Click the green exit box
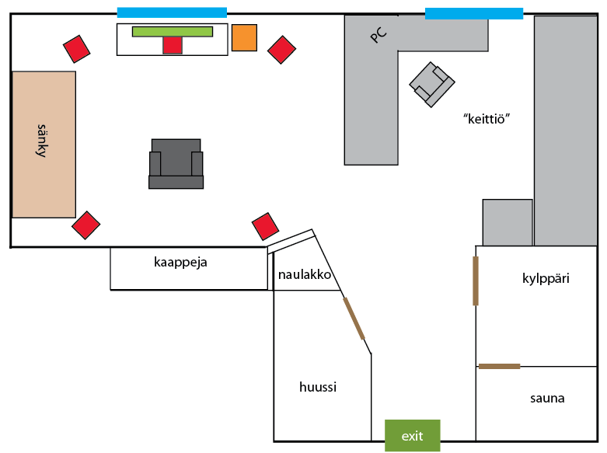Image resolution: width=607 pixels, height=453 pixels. pyautogui.click(x=412, y=435)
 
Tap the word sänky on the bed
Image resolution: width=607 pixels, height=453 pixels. pyautogui.click(x=43, y=141)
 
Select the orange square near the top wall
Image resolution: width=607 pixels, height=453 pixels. pyautogui.click(x=244, y=37)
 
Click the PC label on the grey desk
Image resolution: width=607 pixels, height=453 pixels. pyautogui.click(x=379, y=34)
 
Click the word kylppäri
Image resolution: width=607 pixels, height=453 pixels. pyautogui.click(x=546, y=277)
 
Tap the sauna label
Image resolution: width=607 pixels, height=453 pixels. pyautogui.click(x=547, y=399)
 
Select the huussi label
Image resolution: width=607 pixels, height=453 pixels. pyautogui.click(x=318, y=386)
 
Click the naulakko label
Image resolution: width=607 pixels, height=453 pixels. pyautogui.click(x=305, y=275)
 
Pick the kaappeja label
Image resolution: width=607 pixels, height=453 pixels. pyautogui.click(x=180, y=262)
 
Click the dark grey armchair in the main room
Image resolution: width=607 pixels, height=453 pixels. pyautogui.click(x=176, y=164)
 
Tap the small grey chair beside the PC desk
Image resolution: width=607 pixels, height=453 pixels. pyautogui.click(x=432, y=84)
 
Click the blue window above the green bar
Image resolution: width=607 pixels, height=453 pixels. pyautogui.click(x=172, y=12)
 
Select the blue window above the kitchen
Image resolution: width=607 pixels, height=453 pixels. pyautogui.click(x=474, y=13)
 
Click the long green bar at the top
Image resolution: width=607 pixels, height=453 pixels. pyautogui.click(x=173, y=31)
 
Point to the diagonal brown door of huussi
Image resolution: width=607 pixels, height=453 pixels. pyautogui.click(x=354, y=319)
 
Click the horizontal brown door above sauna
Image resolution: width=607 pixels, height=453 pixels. pyautogui.click(x=499, y=366)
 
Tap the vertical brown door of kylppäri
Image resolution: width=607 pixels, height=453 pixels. pyautogui.click(x=476, y=281)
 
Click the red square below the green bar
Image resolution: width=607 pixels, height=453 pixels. pyautogui.click(x=173, y=45)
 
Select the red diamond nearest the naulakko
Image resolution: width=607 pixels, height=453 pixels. pyautogui.click(x=266, y=226)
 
